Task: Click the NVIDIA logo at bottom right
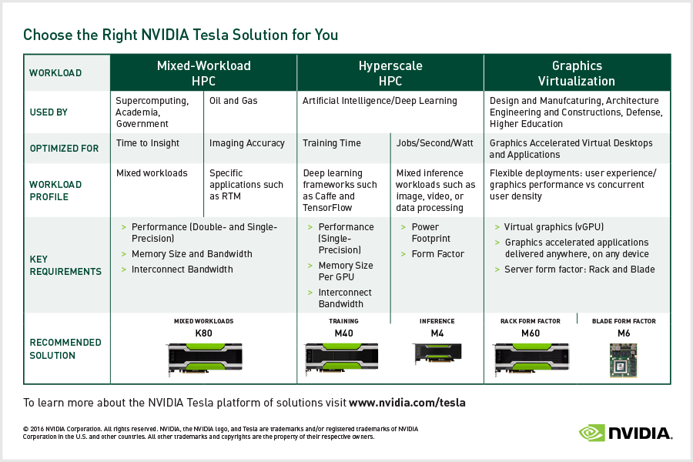(x=624, y=434)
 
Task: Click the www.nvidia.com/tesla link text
(x=407, y=403)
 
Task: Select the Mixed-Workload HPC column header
(x=204, y=73)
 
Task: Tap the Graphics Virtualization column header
(x=577, y=73)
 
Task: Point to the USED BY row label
(x=49, y=112)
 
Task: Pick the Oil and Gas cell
(x=233, y=101)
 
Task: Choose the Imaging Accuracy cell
(x=246, y=143)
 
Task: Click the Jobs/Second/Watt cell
(x=434, y=143)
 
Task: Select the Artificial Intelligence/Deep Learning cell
(x=380, y=101)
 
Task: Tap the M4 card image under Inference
(x=437, y=355)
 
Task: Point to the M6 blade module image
(x=624, y=360)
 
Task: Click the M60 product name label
(x=531, y=333)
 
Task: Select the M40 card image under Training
(x=343, y=359)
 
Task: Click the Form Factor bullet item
(x=438, y=254)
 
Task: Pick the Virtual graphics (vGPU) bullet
(x=553, y=227)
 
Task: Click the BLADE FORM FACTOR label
(x=624, y=321)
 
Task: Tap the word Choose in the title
(x=44, y=35)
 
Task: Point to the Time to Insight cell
(x=147, y=143)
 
